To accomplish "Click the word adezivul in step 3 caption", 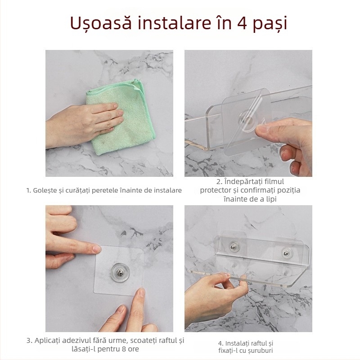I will pyautogui.click(x=83, y=341).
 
